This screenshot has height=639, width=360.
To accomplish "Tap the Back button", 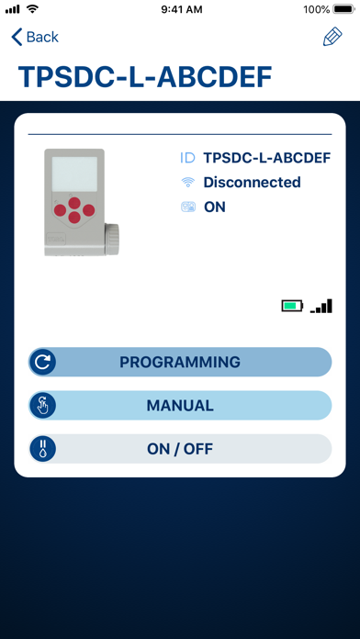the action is [x=35, y=37].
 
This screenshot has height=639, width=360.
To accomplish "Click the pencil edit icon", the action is [x=332, y=37].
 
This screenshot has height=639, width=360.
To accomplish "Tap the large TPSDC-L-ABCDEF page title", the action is [x=145, y=76].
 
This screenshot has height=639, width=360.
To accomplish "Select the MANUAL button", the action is [x=180, y=406].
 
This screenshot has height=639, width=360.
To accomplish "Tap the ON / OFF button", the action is [x=180, y=449].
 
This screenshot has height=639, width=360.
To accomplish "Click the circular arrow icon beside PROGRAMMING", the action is [x=42, y=362].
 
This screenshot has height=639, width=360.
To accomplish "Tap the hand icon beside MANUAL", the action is [x=42, y=406].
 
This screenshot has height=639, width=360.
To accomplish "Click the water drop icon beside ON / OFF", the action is [x=42, y=449].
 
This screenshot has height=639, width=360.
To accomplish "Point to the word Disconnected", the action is [x=252, y=182].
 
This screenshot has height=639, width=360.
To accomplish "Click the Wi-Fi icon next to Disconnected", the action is [x=187, y=183].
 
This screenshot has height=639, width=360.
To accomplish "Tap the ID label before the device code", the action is [x=187, y=158].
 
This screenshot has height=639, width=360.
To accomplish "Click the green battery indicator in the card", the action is [x=292, y=306].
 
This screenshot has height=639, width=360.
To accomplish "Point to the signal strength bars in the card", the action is [x=321, y=306].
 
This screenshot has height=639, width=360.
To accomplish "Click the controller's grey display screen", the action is [x=74, y=174].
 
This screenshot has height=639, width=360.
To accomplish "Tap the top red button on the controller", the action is [x=74, y=203].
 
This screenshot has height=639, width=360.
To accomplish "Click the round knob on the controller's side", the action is [x=112, y=239].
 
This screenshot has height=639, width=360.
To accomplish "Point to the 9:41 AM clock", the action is [x=182, y=9].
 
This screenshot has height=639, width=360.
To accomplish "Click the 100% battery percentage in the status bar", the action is [x=316, y=9].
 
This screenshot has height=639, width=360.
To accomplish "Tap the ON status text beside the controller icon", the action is [x=215, y=207].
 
